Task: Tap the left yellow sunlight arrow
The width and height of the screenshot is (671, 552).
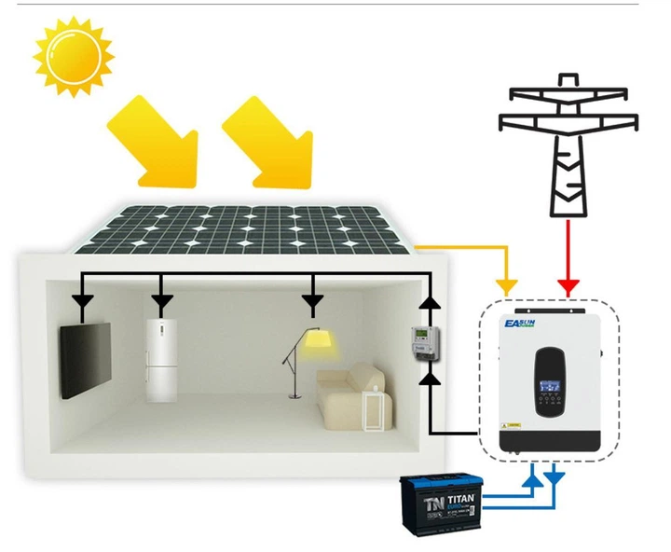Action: [x=157, y=140]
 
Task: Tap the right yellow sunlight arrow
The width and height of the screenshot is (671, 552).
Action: [x=269, y=140]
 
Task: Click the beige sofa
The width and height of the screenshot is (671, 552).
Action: [x=349, y=392]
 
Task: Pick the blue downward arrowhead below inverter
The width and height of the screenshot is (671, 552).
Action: [x=556, y=478]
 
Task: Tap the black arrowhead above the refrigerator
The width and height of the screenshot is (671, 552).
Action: [x=163, y=304]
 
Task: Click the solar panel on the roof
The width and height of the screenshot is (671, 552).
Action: [x=242, y=228]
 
